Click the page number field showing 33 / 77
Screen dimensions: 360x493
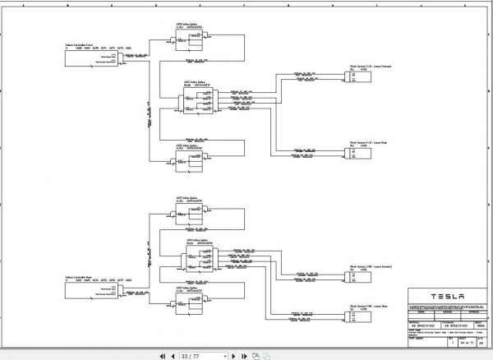click(x=201, y=356)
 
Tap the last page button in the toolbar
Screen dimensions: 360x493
click(x=243, y=356)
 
